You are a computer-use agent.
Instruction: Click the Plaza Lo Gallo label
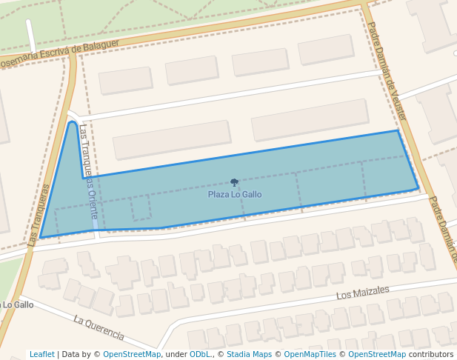(x=235, y=195)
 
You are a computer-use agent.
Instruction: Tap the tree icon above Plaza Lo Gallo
(x=235, y=182)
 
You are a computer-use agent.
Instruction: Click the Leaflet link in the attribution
(x=41, y=354)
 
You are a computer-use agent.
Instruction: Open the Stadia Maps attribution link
(x=249, y=354)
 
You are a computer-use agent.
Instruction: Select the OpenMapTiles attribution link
(x=313, y=354)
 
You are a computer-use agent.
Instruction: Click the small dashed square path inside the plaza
(x=141, y=208)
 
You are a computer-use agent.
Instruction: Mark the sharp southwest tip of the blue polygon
(x=40, y=238)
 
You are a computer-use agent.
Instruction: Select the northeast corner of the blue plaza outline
(x=398, y=131)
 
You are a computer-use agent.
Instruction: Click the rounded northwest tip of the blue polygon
(x=73, y=123)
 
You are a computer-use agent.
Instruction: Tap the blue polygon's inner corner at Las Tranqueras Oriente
(x=82, y=179)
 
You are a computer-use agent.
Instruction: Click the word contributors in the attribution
(x=430, y=354)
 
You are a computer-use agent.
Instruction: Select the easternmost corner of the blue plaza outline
(x=418, y=187)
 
